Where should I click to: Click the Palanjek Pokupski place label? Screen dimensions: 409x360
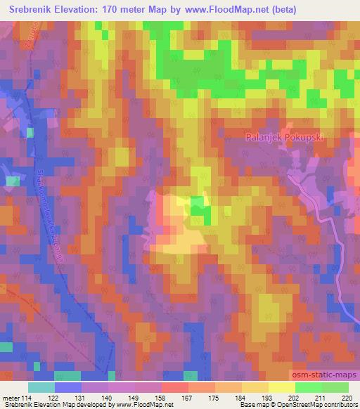284,138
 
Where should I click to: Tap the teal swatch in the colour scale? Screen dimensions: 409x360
41,387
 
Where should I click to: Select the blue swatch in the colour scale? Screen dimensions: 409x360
68,387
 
